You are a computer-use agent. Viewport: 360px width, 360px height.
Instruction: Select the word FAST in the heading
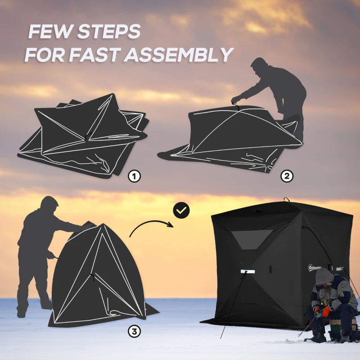pos(94,55)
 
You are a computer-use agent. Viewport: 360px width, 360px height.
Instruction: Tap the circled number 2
pos(287,176)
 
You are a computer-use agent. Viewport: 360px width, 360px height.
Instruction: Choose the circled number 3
pos(134,332)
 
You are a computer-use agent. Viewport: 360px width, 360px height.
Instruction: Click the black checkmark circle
pos(181,210)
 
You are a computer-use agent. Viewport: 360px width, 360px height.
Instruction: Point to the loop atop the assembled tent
pos(285,199)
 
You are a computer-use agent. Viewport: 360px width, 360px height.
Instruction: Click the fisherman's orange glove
pos(326,311)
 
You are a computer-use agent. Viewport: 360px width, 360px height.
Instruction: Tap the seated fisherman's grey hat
pos(324,275)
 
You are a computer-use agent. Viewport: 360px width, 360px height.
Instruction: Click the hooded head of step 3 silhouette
pos(49,205)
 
